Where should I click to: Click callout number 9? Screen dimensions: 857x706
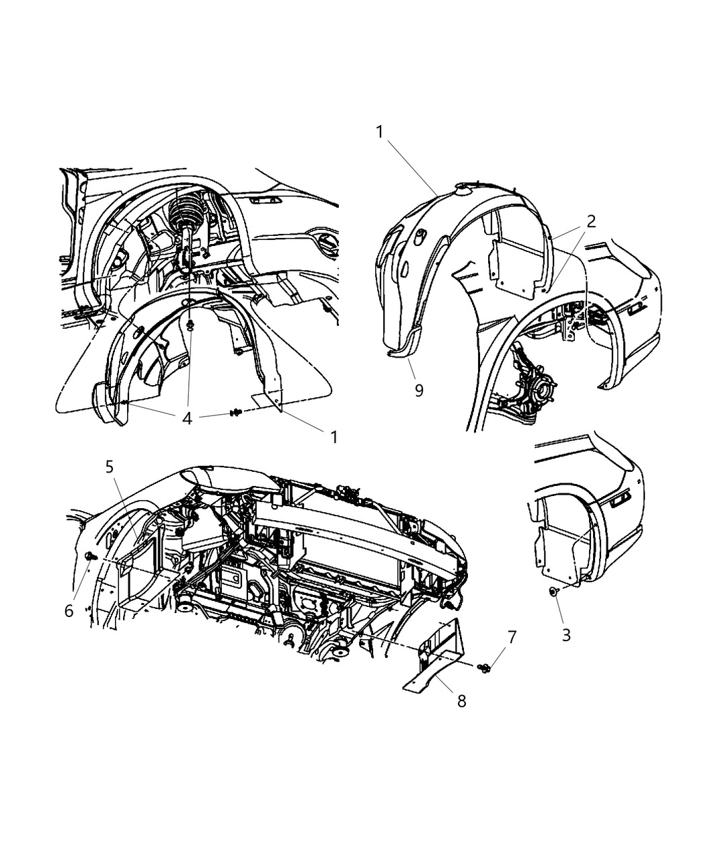click(419, 390)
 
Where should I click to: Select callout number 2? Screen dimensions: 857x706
click(590, 221)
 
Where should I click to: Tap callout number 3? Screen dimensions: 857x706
click(566, 635)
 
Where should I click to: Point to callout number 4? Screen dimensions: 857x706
click(187, 418)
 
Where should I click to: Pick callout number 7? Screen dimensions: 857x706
click(512, 637)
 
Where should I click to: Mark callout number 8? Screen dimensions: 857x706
click(462, 700)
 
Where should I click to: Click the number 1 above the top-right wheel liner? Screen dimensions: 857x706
click(379, 132)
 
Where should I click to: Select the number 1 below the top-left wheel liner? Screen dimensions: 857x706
click(334, 436)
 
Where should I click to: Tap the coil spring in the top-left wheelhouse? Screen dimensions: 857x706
click(189, 208)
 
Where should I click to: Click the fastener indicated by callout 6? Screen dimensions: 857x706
click(89, 555)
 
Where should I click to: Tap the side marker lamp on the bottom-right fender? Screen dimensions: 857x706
click(621, 499)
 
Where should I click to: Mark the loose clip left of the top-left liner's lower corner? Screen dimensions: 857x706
click(237, 412)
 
